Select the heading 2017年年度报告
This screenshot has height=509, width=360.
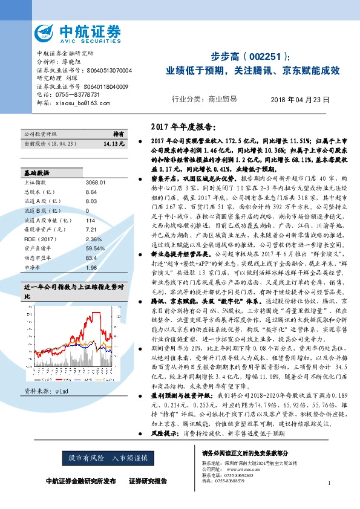coord(182,127)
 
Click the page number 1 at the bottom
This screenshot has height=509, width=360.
coord(329,483)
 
